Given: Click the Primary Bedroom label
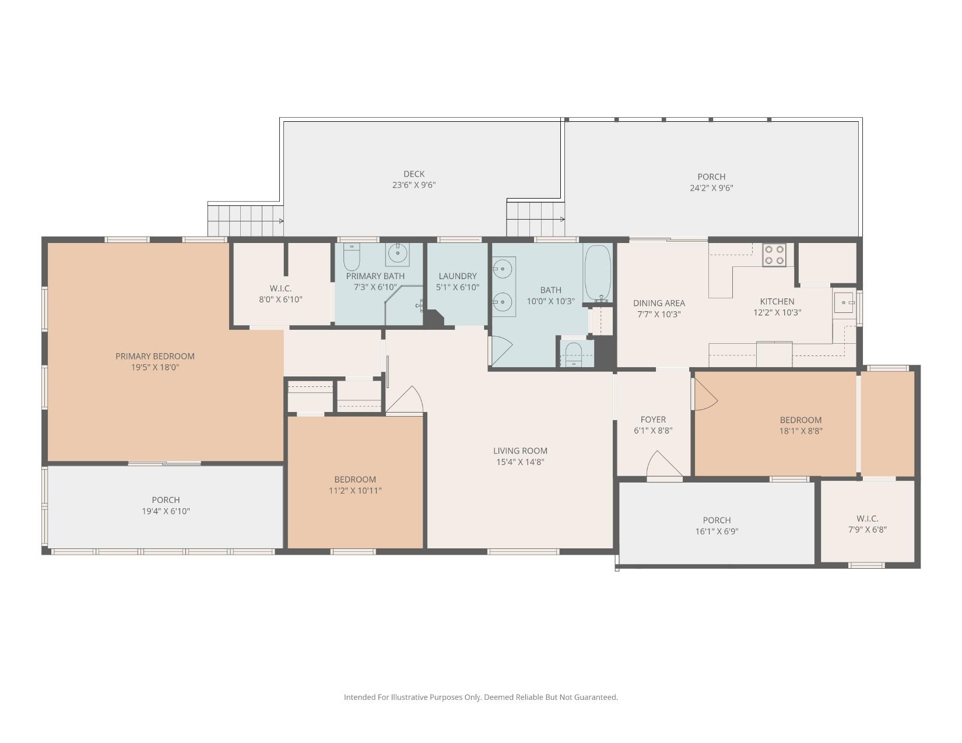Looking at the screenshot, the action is click(x=155, y=356).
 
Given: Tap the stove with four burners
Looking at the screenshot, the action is click(x=774, y=255).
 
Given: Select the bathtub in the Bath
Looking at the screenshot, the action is click(x=598, y=273).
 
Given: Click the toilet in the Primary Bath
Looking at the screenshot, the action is click(x=352, y=256).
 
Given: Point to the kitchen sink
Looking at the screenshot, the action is click(x=844, y=302).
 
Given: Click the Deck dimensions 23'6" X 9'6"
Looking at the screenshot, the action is click(x=414, y=185).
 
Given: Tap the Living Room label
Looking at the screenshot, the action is click(x=520, y=451).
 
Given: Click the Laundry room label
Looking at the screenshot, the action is click(x=458, y=276).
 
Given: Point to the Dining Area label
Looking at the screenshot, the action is click(x=659, y=303).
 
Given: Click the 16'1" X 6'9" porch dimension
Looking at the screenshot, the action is click(x=717, y=531).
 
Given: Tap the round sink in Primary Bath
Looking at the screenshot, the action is click(x=398, y=253).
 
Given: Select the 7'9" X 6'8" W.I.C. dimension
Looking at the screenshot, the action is click(x=868, y=530).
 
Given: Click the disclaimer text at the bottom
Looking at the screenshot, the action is click(x=481, y=697).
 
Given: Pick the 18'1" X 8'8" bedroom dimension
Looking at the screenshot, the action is click(x=801, y=431).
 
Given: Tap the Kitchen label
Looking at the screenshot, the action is click(x=777, y=301).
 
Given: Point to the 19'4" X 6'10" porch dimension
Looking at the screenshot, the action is click(x=166, y=511).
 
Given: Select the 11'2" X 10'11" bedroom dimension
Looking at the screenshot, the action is click(x=355, y=490).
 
